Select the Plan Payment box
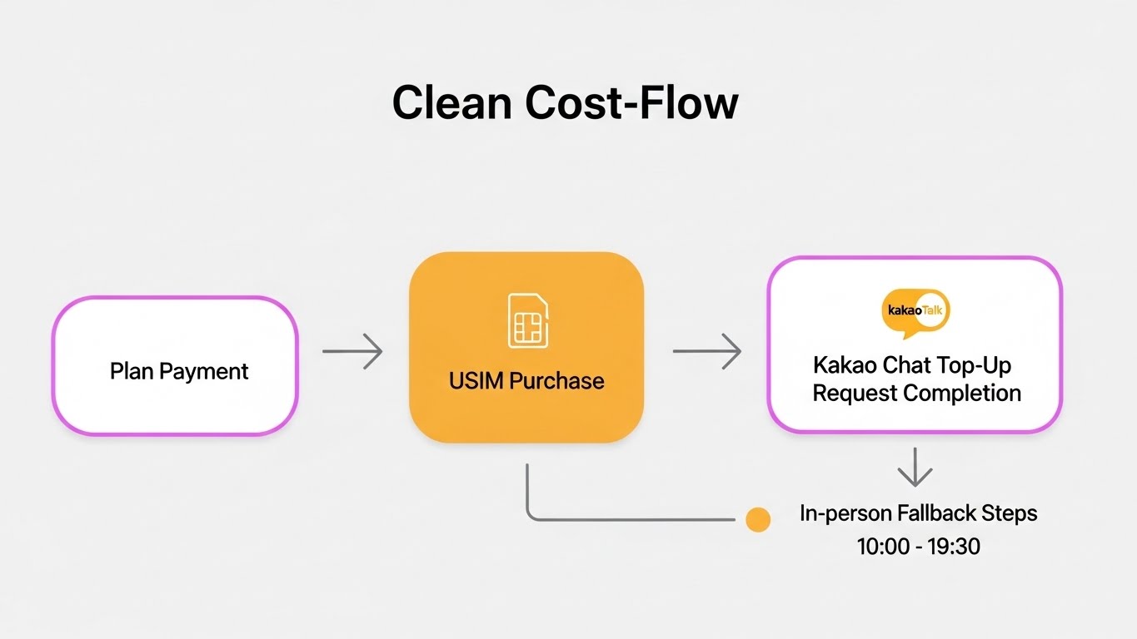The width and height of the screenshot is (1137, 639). click(x=175, y=366)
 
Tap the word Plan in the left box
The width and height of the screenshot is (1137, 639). click(x=132, y=371)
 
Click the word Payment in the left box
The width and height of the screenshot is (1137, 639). click(x=204, y=371)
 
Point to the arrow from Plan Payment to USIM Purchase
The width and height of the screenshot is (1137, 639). click(x=352, y=352)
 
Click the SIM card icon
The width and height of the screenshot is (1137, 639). click(x=527, y=320)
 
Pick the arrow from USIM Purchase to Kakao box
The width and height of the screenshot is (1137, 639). click(x=706, y=351)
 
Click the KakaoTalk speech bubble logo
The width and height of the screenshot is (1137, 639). click(x=915, y=313)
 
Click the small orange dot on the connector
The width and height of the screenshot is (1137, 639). click(x=758, y=520)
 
